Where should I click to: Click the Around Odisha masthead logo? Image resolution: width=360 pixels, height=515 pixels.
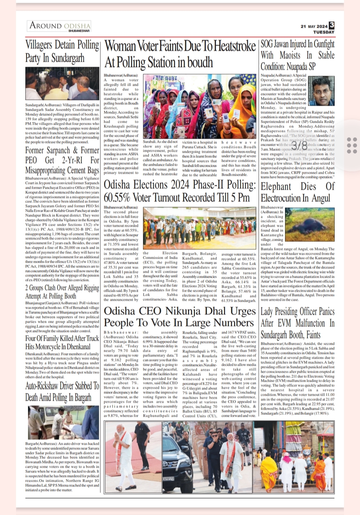point(59,26)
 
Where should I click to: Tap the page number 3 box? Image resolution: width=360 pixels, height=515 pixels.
point(331,25)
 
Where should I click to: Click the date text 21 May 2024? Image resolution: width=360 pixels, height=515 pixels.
point(314,26)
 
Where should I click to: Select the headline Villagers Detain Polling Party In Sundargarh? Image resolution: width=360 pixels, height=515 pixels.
point(62,51)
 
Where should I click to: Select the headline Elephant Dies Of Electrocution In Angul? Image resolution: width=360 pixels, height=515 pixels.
point(297,192)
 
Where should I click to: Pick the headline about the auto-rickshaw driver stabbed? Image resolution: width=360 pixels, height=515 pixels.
point(62,391)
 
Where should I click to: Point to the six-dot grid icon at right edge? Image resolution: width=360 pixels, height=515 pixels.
point(352,145)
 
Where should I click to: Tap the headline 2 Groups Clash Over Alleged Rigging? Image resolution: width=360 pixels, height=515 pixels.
point(62,292)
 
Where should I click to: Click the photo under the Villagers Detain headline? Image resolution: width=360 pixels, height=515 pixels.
point(62,84)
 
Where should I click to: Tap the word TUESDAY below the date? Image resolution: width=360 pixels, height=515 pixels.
point(323,32)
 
